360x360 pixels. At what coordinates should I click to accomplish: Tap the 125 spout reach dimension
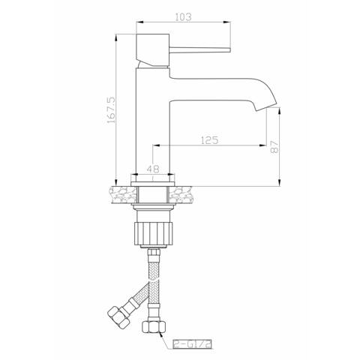point(209,139)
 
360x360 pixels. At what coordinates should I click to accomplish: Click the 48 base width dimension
point(153,169)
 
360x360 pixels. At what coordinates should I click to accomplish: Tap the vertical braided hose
point(154,285)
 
